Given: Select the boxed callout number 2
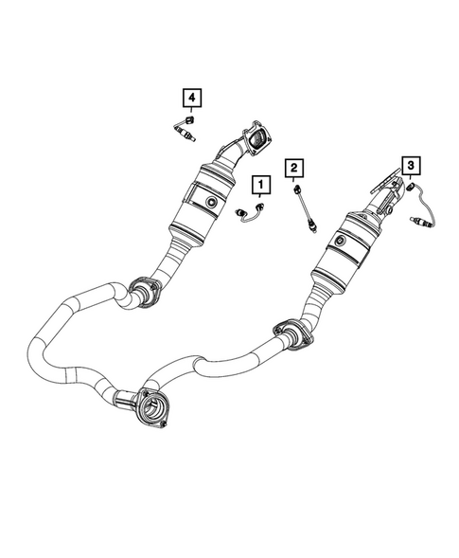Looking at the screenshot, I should (295, 169).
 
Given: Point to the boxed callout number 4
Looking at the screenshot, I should (191, 97).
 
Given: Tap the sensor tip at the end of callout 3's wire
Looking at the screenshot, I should (423, 225).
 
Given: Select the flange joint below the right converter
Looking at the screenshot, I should (290, 334).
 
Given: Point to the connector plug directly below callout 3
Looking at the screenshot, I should (413, 188).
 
